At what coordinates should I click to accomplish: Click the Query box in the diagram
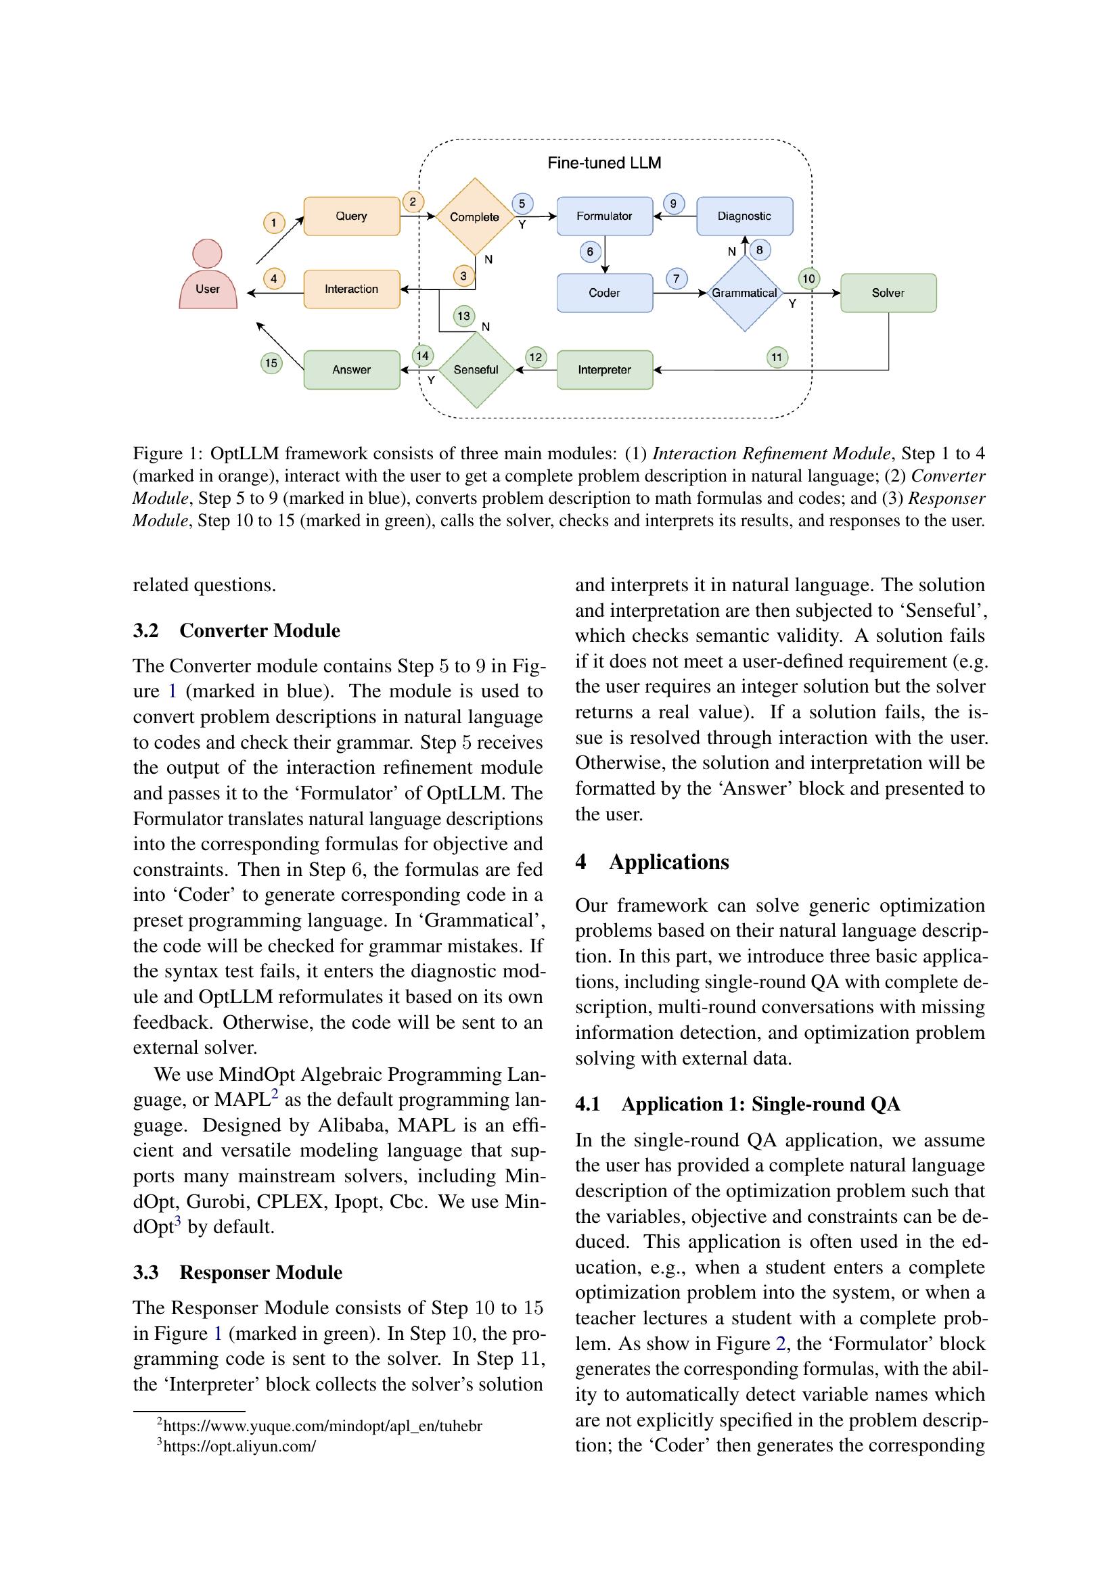point(351,216)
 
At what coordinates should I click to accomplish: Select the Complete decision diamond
point(475,217)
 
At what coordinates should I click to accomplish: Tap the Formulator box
point(604,216)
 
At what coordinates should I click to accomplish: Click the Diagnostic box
point(744,216)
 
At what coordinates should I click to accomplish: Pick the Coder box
point(604,293)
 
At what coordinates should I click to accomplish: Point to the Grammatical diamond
point(744,293)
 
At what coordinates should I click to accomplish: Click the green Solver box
point(888,293)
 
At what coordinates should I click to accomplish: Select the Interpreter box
point(604,370)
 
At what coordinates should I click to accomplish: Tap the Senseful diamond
point(476,370)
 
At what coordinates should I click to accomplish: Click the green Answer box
point(351,370)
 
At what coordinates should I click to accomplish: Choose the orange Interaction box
point(351,289)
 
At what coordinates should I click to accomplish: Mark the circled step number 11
point(777,357)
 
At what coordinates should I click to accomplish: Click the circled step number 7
point(676,279)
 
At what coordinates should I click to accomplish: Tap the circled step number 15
point(271,363)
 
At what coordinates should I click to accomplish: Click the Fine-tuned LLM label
point(604,163)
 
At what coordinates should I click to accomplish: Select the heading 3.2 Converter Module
point(236,631)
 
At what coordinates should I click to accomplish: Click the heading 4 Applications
point(652,862)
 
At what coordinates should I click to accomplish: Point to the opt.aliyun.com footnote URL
point(238,1446)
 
